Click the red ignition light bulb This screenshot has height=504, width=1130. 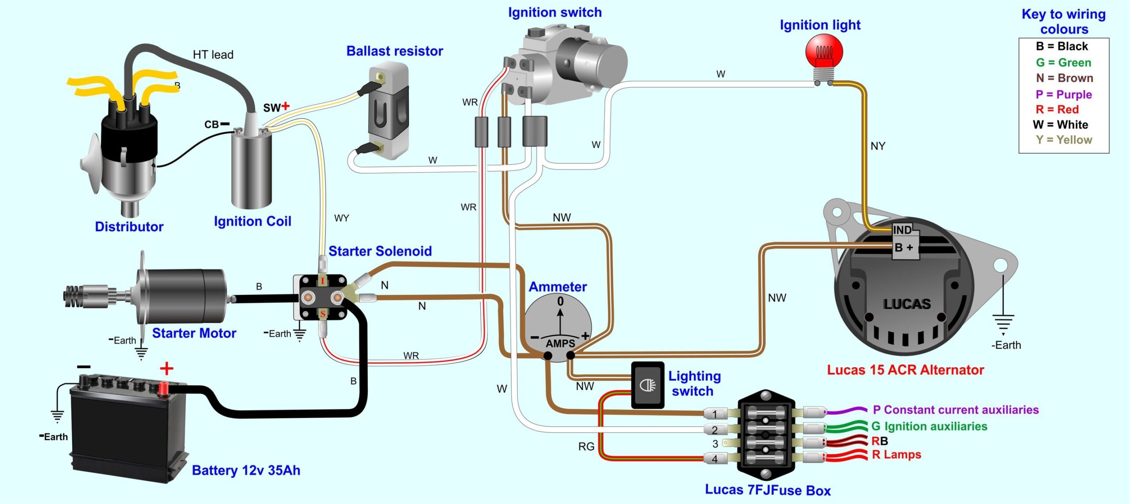824,52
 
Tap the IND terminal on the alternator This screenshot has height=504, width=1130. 902,230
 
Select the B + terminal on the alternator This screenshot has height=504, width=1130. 903,248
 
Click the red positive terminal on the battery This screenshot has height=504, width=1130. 163,389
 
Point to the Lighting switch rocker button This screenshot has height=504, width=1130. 648,385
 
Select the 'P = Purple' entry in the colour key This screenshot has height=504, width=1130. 1063,94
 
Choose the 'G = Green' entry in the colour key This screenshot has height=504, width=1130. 1063,63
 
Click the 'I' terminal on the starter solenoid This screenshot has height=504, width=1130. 323,281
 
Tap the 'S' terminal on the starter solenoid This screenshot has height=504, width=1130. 323,314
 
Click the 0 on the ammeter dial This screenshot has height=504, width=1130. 560,301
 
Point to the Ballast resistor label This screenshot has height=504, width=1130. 394,51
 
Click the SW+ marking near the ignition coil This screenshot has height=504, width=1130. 276,107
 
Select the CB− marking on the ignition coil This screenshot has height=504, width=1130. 216,124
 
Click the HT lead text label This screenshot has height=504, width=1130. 213,55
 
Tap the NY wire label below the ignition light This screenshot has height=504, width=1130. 878,146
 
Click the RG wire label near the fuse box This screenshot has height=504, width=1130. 586,447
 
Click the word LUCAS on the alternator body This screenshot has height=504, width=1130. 907,304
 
